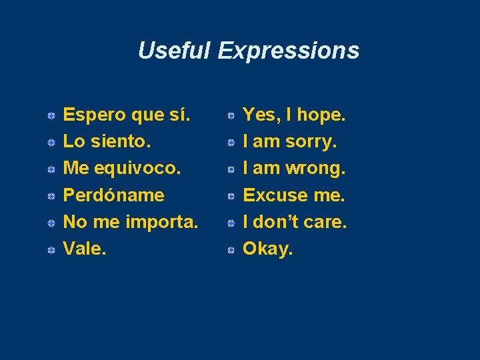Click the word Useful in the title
click(174, 51)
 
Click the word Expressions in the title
click(288, 51)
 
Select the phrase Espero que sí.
click(127, 115)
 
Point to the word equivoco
click(137, 169)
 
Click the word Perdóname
click(113, 195)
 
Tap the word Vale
click(84, 248)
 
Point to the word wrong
click(315, 168)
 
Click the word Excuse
click(276, 195)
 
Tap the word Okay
click(267, 249)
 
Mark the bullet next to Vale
click(51, 250)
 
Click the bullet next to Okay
click(229, 250)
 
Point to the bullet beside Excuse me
click(229, 197)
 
